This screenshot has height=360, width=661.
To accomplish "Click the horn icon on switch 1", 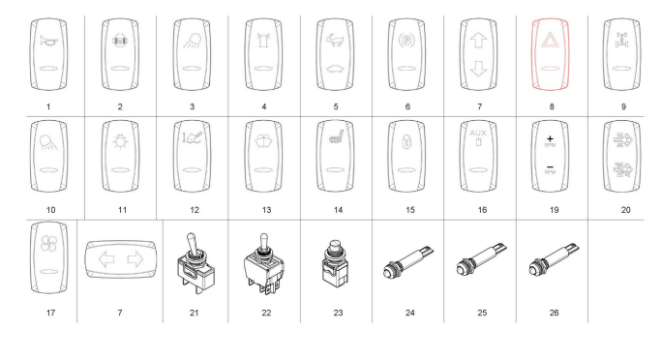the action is (48, 41).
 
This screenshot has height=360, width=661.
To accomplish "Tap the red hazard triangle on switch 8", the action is (550, 41).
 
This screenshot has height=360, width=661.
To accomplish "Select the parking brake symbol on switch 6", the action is (406, 41).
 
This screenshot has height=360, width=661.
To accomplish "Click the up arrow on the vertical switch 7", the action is (478, 41).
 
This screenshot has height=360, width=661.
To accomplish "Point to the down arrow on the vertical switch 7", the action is (478, 69).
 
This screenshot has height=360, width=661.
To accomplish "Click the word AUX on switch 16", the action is (478, 134).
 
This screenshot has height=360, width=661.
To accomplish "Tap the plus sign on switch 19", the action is (550, 138).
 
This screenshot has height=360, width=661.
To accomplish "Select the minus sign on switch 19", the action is (550, 167).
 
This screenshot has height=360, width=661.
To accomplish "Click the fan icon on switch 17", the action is (48, 244).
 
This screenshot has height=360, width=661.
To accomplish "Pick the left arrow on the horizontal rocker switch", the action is (106, 259).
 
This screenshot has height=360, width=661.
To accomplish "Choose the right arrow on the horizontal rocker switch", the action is (135, 259).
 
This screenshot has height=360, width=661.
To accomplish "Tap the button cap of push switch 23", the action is (336, 246).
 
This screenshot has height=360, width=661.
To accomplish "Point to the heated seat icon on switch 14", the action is (336, 137).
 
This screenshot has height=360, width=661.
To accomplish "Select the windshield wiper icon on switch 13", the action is (263, 140).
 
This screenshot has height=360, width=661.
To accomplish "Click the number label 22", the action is (266, 313).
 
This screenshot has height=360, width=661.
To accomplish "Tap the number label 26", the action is (554, 313).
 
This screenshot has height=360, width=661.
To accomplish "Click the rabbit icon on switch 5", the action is (335, 41).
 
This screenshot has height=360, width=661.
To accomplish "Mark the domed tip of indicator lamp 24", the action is (386, 272).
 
